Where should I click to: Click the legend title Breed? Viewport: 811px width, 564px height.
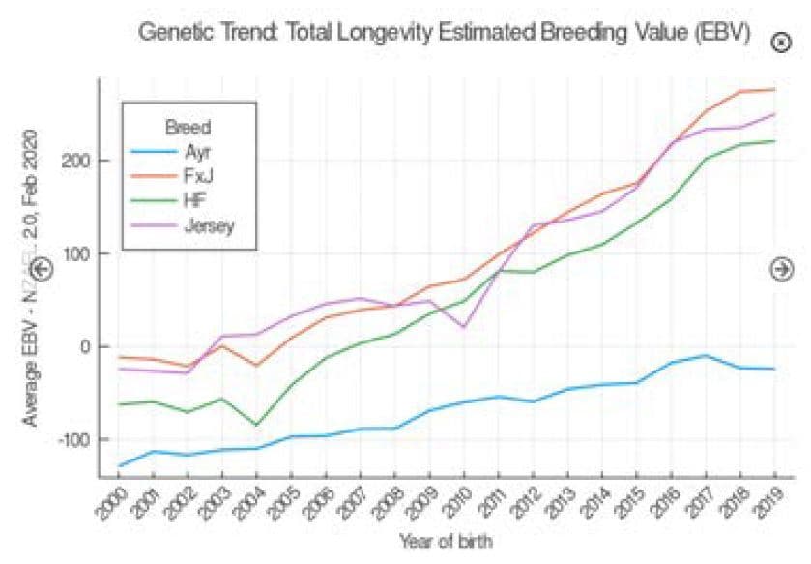188,127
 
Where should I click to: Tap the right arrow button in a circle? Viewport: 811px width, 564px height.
782,269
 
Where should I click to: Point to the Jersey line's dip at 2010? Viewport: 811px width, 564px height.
464,327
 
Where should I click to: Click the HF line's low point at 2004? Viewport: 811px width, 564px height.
257,425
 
